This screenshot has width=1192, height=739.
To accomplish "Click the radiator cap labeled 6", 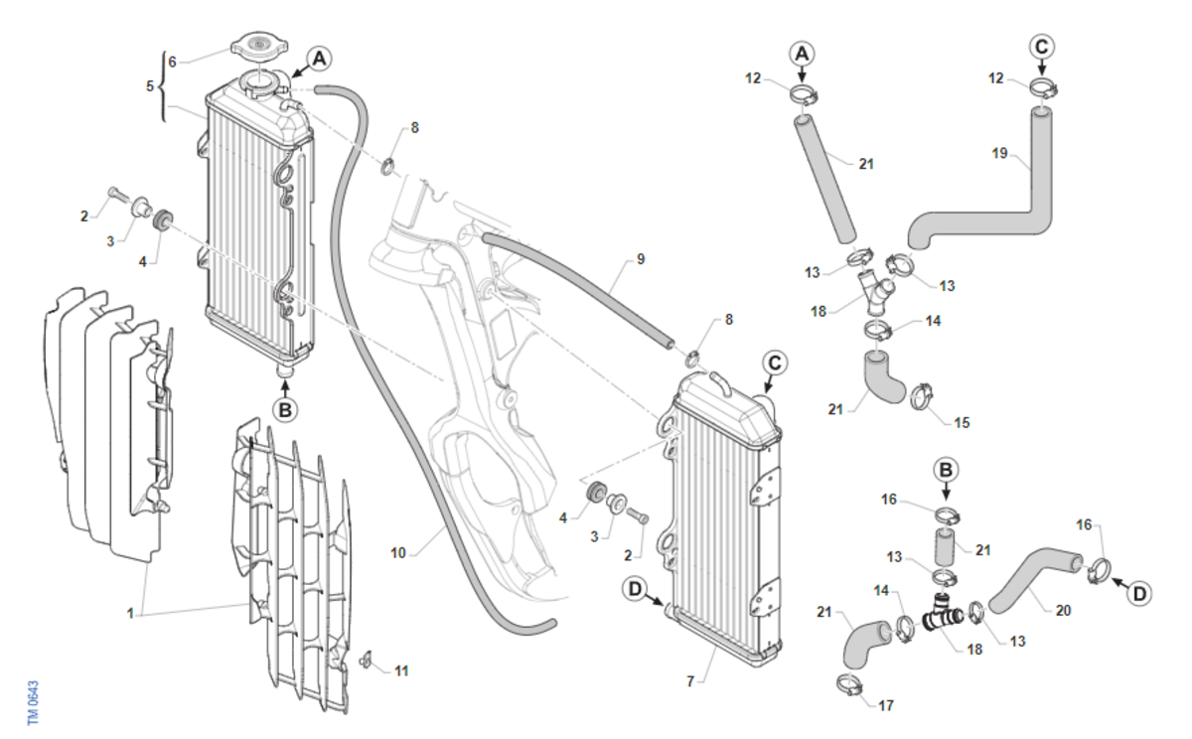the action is (259, 47).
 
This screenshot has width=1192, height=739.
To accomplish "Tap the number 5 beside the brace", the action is (150, 85).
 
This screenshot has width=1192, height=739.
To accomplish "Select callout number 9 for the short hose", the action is (641, 259).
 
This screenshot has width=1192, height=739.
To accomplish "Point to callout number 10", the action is (398, 553).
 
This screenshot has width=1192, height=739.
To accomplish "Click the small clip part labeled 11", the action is (366, 661).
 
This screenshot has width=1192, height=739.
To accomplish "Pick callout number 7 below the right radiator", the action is (690, 681).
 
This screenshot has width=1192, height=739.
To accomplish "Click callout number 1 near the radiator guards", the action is (130, 614).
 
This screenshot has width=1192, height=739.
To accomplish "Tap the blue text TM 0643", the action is (33, 702).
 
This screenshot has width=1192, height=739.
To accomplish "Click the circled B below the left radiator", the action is (285, 410).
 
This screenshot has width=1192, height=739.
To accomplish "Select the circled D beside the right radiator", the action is (636, 590).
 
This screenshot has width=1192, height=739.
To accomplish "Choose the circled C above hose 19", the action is (1041, 47).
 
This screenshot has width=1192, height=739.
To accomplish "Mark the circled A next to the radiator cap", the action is (319, 59).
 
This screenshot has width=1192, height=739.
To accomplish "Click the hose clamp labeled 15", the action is (924, 397).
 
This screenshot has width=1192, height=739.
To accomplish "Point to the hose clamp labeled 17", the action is (849, 684).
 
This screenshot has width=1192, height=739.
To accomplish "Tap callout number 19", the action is (1000, 153).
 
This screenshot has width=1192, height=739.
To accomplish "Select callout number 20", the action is (1063, 610).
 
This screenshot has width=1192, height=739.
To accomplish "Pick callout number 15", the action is (962, 423).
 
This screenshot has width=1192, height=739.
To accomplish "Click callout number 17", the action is (886, 705).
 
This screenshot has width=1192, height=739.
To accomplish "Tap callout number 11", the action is (401, 671).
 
